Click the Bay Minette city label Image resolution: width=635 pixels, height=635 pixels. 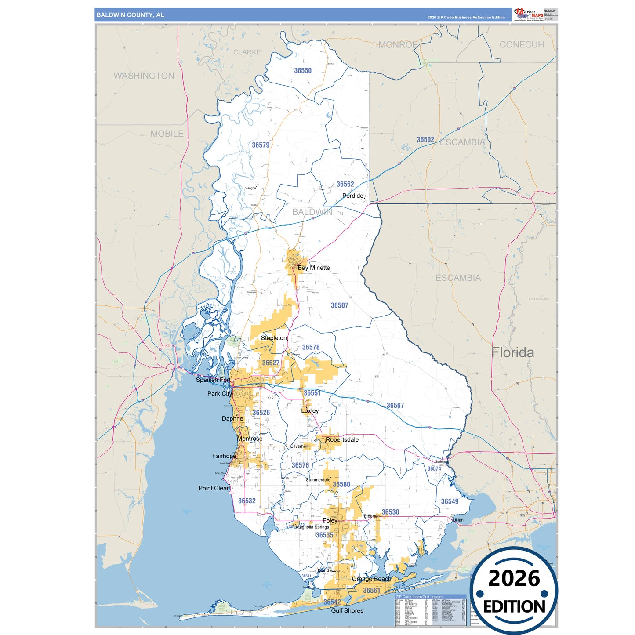pos(314,268)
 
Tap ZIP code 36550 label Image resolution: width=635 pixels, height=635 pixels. pos(303,70)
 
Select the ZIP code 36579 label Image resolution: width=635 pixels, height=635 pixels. pos(261,145)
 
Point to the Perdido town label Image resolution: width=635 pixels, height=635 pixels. pos(353,196)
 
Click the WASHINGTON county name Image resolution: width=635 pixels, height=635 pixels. pos(144,76)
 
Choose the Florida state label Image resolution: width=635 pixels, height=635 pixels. pos(512,352)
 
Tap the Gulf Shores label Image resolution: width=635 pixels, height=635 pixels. pos(347,610)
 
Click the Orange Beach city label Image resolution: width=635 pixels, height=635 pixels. pos(371,579)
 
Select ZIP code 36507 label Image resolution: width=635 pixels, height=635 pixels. pos(339,305)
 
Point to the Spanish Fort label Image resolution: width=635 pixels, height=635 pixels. pos(213,380)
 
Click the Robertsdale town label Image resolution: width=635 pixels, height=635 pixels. pos(342,439)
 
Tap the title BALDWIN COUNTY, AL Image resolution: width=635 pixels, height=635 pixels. pos(130,15)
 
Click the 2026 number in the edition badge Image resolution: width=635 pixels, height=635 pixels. pos(514,578)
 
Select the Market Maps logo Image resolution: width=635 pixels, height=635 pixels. pos(529,14)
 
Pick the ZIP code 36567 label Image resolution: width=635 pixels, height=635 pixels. pos(395,406)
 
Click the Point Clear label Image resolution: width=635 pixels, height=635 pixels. pos(214,488)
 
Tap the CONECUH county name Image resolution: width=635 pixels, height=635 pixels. pos(522,44)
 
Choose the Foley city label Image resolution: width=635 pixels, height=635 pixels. pos(330,520)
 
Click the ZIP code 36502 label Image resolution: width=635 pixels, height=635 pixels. pos(425,139)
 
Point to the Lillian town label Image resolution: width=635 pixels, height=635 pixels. pos(458,520)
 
